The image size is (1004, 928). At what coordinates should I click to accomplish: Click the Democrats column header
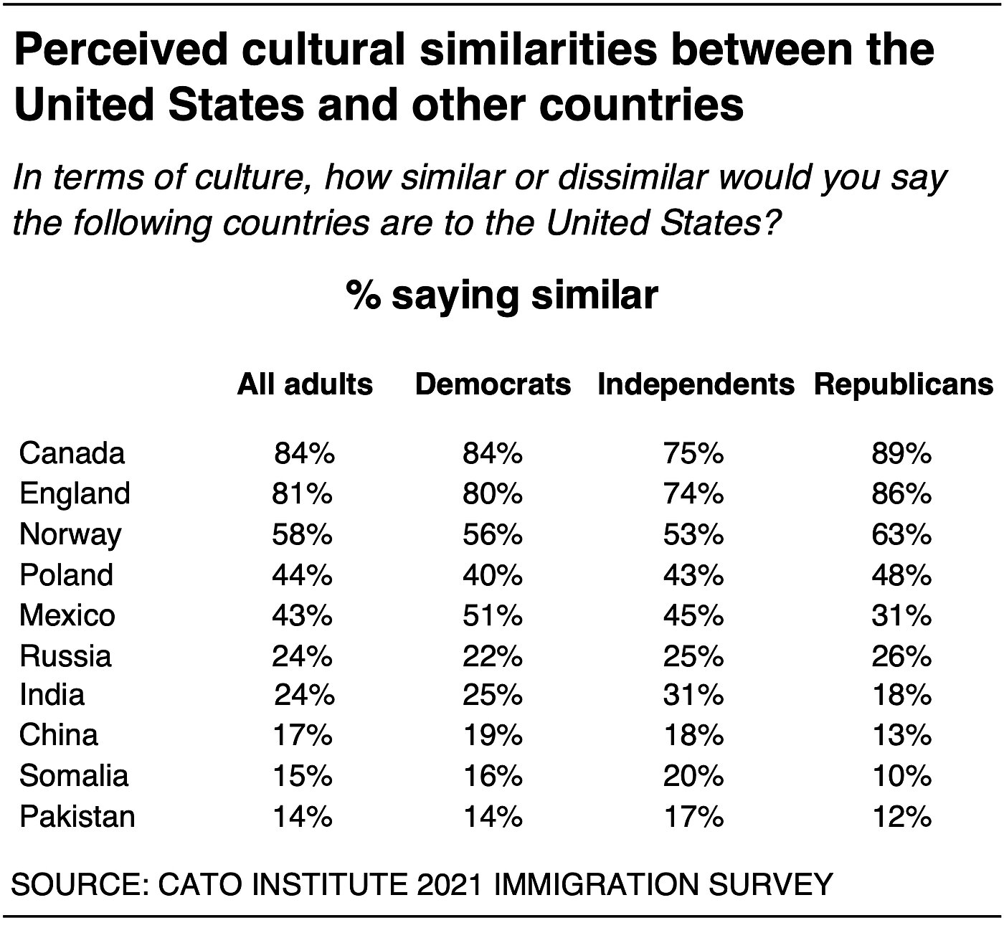tap(493, 385)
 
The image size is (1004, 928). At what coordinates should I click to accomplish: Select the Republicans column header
tap(903, 385)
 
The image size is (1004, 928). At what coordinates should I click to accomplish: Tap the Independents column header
tap(696, 385)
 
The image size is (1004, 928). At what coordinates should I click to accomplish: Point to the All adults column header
tap(305, 385)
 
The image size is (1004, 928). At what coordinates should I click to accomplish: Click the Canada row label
tap(72, 453)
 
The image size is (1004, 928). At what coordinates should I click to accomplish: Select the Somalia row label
tap(74, 776)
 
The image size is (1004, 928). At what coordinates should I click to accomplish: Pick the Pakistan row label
tap(77, 817)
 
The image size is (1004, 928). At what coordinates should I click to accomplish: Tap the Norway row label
tap(70, 535)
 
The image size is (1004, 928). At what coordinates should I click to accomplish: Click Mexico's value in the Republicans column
tap(901, 616)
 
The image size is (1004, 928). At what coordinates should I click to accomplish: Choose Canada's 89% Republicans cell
tap(901, 453)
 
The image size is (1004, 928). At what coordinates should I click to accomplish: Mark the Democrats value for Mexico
tap(493, 616)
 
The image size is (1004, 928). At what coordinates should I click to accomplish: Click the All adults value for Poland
tap(303, 575)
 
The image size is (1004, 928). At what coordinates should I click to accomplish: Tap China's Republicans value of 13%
tap(901, 735)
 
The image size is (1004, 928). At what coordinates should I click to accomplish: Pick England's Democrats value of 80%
tap(493, 494)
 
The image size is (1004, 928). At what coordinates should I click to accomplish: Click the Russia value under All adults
tap(303, 656)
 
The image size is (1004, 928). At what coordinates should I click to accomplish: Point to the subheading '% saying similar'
tap(502, 295)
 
